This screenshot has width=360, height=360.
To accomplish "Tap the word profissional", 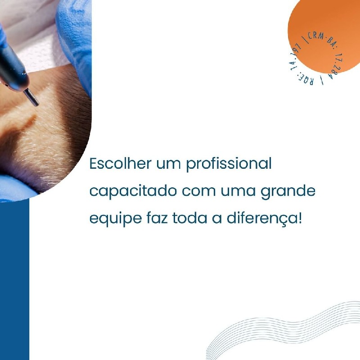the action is (x=229, y=164).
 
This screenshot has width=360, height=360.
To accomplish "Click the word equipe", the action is (x=116, y=219).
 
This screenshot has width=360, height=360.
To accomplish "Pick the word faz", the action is (x=157, y=218).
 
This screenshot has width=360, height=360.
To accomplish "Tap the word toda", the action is (x=189, y=218).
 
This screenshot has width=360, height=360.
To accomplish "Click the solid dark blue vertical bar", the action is (x=14, y=279).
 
